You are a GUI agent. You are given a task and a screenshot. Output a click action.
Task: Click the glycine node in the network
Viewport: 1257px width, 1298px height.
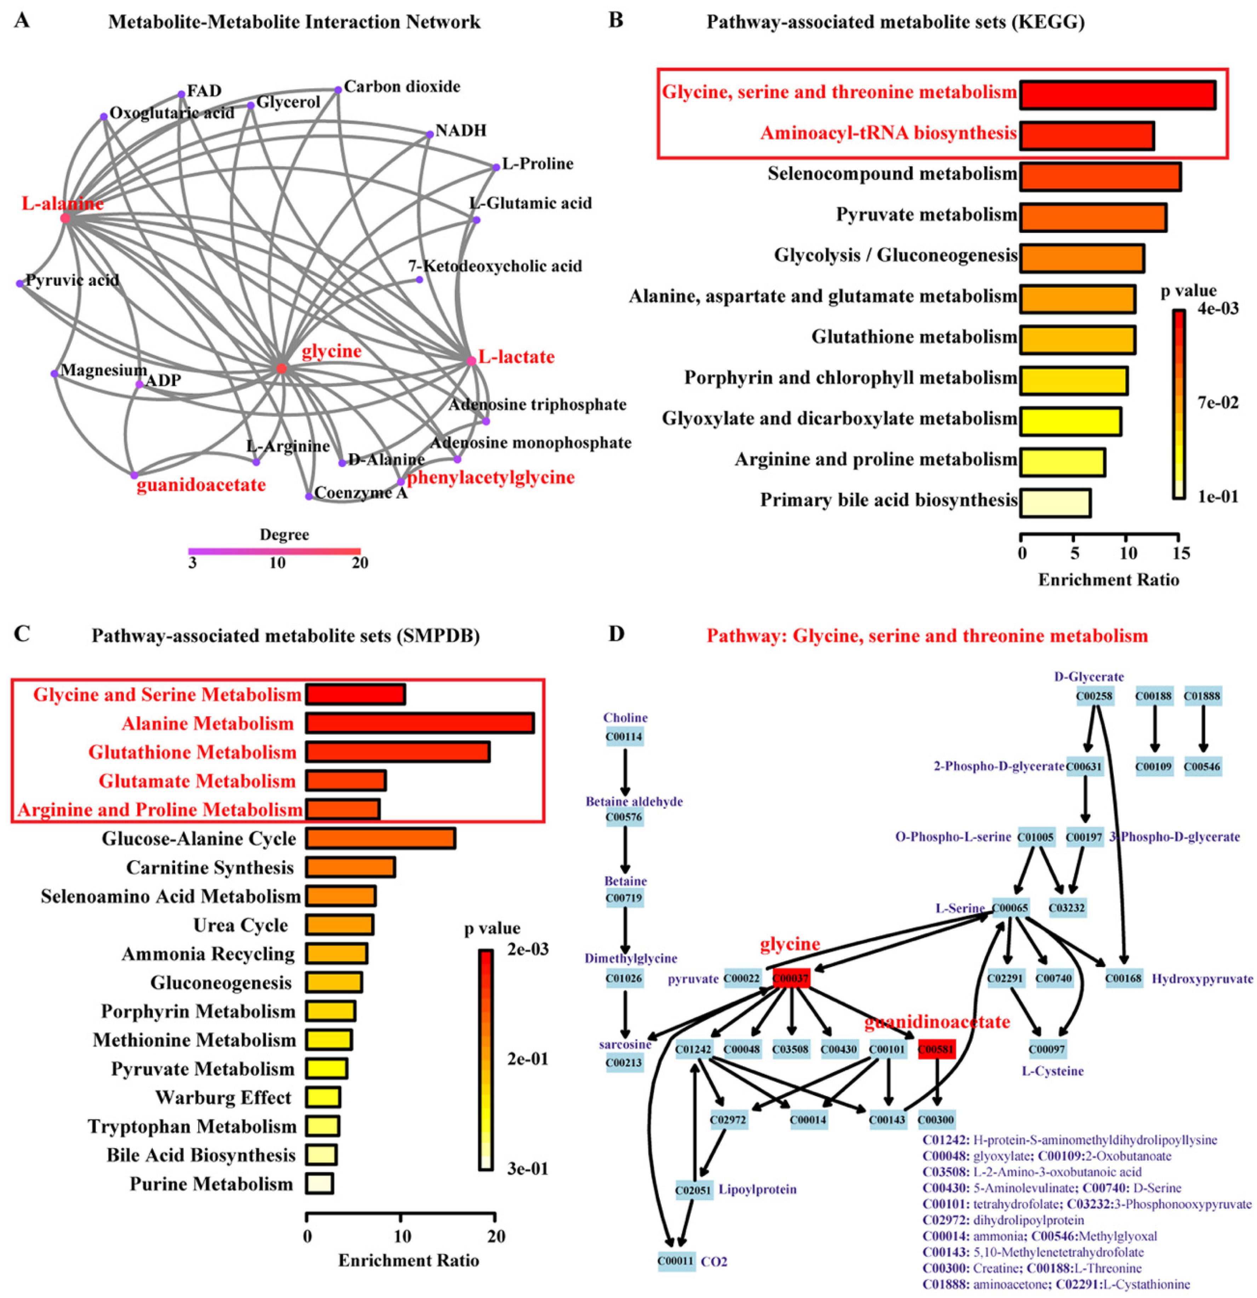[x=282, y=368]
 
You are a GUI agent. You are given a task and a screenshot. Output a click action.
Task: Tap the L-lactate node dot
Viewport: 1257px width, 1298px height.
[x=471, y=361]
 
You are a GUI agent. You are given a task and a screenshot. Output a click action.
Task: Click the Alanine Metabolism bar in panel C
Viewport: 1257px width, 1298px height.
[x=419, y=723]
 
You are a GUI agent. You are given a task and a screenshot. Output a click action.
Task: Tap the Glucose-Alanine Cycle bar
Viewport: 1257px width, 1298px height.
[x=380, y=839]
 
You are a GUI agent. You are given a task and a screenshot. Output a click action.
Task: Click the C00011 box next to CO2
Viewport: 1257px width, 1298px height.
[x=676, y=1261]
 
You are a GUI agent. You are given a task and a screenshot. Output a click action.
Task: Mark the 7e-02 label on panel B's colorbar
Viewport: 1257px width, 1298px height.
[x=1218, y=402]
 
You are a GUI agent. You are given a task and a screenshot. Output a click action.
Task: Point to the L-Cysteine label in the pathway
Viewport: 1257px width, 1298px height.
[x=1052, y=1071]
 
